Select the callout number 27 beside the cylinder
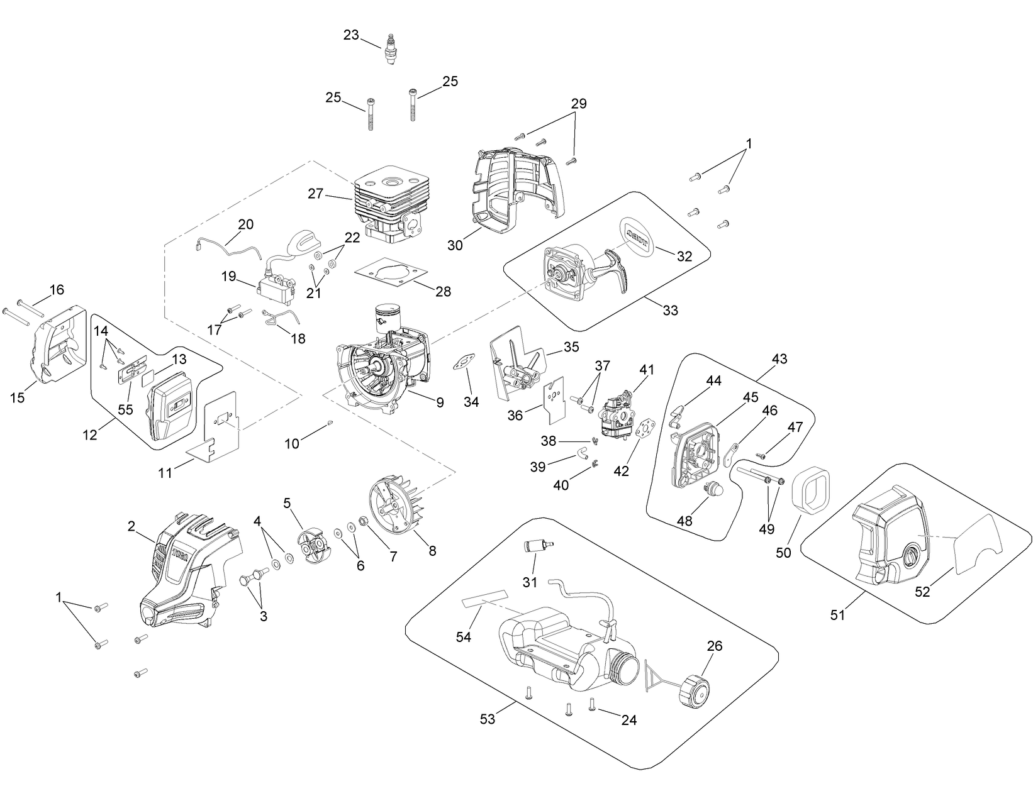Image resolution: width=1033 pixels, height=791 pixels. [315, 194]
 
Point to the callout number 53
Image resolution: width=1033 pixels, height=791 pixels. [488, 719]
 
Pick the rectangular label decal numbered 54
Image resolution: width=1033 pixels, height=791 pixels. [485, 598]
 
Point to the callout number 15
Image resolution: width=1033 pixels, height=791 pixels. [18, 397]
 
